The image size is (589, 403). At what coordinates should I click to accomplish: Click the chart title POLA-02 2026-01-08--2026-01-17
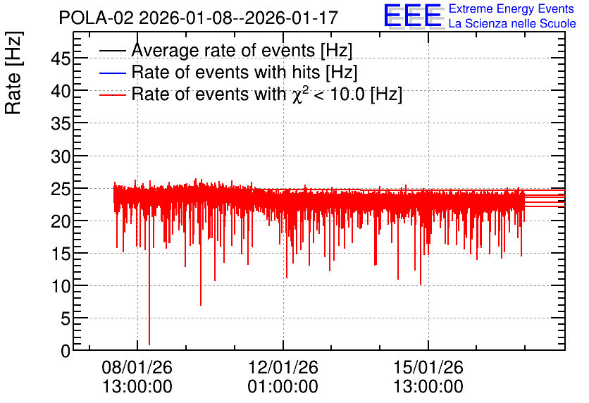click(x=199, y=18)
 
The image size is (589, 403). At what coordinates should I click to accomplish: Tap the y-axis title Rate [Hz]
click(x=13, y=73)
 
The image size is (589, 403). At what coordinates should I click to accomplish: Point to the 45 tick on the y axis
click(x=61, y=58)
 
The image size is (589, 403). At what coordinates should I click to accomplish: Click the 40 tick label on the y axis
click(x=61, y=91)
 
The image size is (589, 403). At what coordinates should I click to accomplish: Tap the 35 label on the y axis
click(x=61, y=123)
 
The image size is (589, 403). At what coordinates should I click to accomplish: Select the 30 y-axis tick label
click(x=61, y=156)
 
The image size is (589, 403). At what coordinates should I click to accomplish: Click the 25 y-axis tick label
click(x=61, y=189)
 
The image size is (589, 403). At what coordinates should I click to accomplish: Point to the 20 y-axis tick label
click(x=61, y=222)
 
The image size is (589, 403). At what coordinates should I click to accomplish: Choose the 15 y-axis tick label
click(x=61, y=254)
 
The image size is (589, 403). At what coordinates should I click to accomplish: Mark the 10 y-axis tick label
click(x=61, y=287)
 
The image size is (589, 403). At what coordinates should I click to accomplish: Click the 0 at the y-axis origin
click(x=66, y=351)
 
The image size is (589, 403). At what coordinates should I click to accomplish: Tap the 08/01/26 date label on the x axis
click(x=137, y=367)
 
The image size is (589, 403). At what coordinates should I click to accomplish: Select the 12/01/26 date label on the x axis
click(x=283, y=367)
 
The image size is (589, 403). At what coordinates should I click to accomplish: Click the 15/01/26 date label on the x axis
click(x=428, y=367)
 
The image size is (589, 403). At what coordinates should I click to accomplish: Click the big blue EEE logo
click(x=413, y=15)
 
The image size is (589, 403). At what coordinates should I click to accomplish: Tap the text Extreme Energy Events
click(x=512, y=8)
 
